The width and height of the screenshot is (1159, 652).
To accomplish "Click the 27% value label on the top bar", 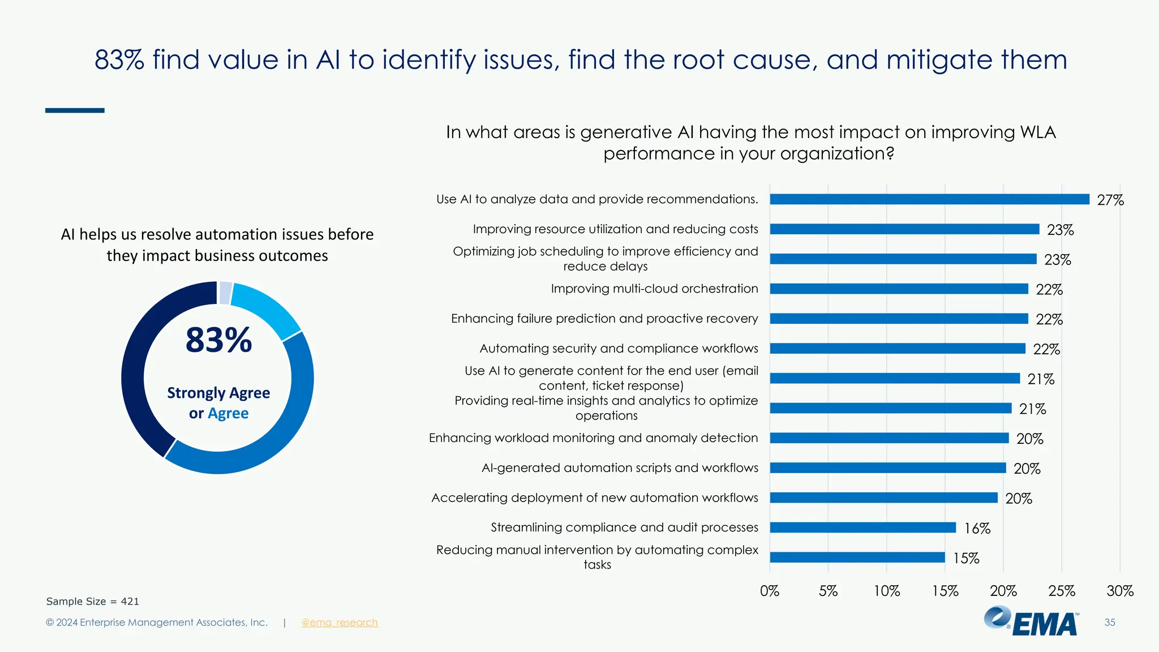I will pos(1110,200).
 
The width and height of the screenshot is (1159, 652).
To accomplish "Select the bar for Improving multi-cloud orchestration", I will pos(899,289).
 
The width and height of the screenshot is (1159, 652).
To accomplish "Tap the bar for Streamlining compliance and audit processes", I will pos(862,527).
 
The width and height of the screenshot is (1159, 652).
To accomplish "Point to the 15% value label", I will pos(966,559).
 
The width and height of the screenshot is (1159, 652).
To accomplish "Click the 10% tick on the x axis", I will pos(886,591).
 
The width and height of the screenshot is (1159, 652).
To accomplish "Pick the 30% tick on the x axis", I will pos(1119,591).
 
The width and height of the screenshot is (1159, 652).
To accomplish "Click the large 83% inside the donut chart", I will pos(218,340).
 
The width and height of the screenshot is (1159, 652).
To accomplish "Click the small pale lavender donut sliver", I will pos(225,293).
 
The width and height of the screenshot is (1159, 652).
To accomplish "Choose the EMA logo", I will pos(1031,621).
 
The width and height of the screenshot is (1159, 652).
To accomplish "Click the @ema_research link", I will pos(339,623).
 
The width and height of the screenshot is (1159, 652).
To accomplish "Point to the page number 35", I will pos(1109,623).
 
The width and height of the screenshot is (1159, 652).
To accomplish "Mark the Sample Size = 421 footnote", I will pos(92,602).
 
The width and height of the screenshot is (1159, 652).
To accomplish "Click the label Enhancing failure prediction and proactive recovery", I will pos(604,319).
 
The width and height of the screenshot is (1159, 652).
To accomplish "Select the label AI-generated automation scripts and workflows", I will pos(619,468).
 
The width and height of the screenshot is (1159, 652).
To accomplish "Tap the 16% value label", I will pos(977,529).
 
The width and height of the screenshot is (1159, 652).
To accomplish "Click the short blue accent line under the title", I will pos(75,110).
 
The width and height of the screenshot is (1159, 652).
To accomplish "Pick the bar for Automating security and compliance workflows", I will pos(898,349).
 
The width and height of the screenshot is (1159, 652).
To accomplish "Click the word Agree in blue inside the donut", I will pos(228,414).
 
